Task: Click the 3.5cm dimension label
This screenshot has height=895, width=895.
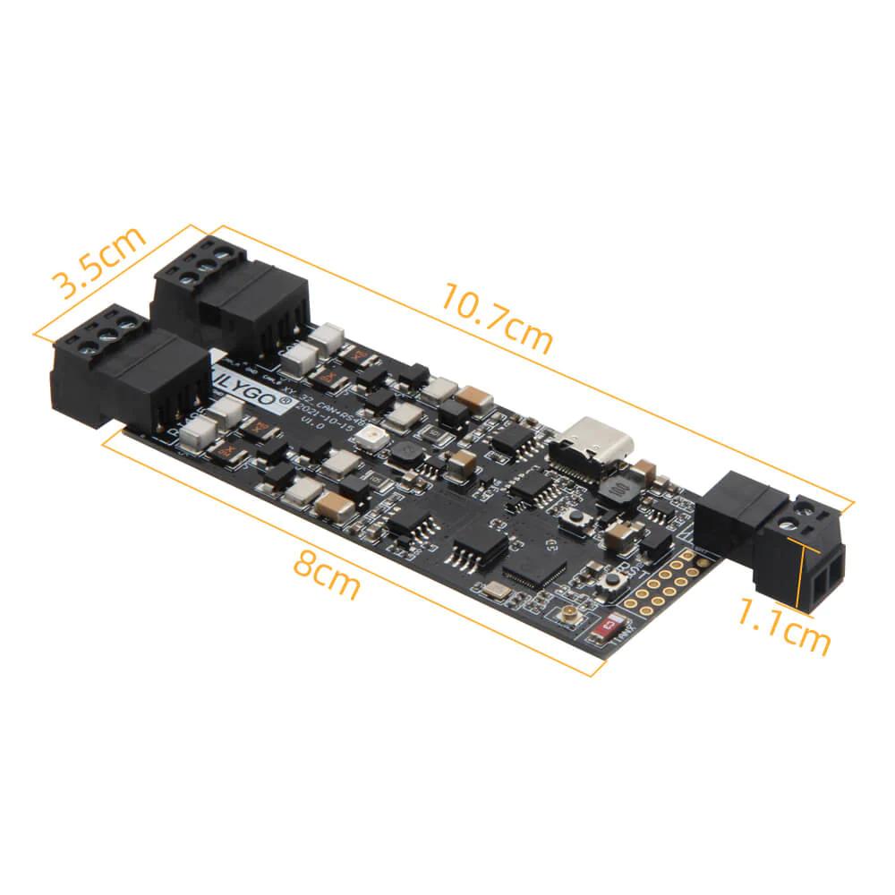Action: (x=98, y=264)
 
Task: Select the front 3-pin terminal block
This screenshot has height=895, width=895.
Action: (x=130, y=376)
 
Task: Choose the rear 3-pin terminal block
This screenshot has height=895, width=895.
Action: (x=230, y=291)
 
